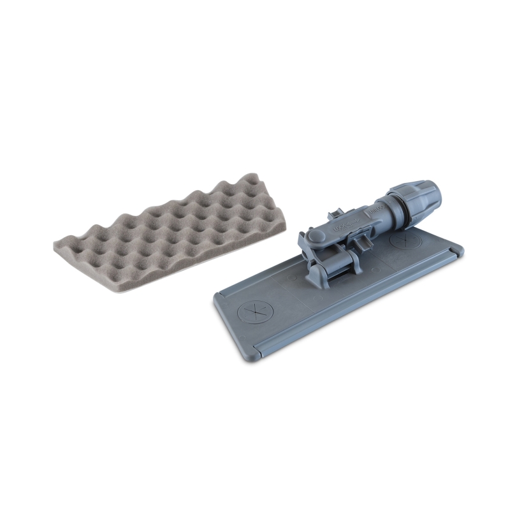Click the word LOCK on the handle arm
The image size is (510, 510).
tap(338, 226)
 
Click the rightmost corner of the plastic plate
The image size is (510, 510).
tap(462, 255)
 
